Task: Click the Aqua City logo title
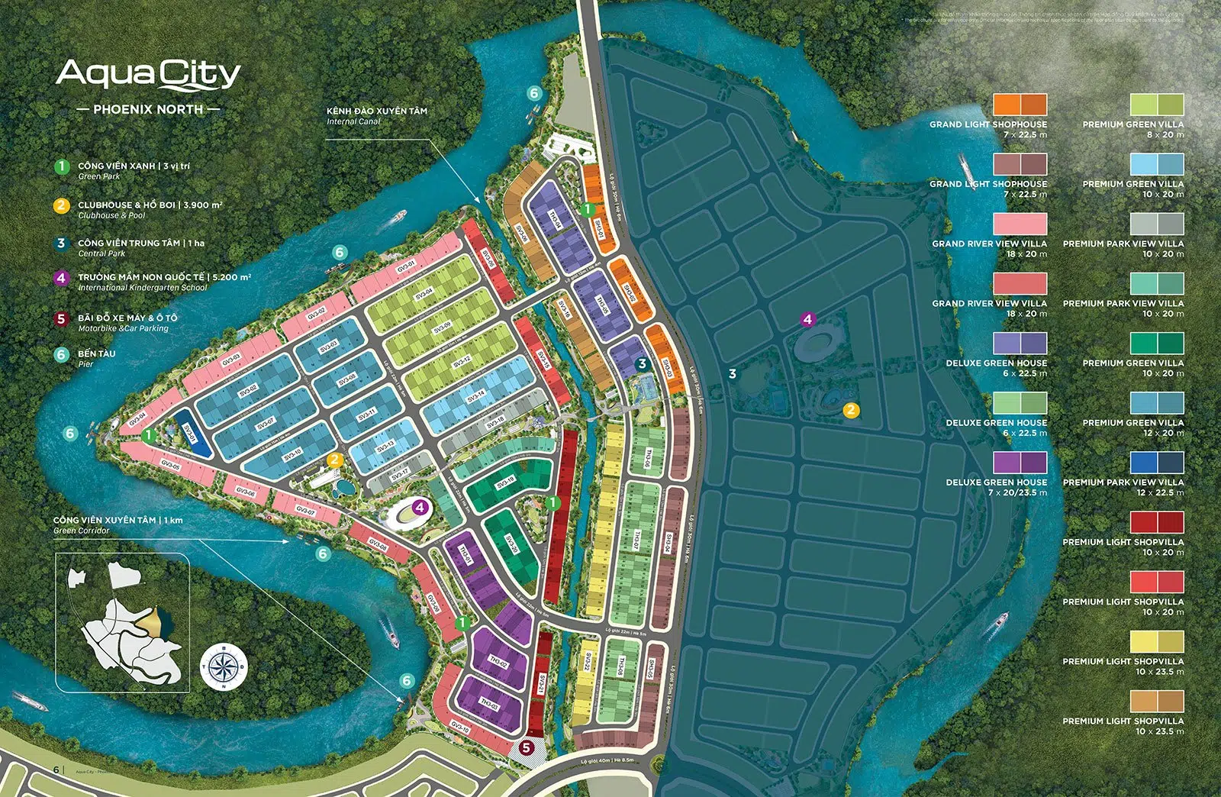tap(148, 75)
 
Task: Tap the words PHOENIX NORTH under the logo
tap(148, 109)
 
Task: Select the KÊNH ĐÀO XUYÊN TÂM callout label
tap(376, 111)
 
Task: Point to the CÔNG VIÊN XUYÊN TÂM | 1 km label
tap(118, 520)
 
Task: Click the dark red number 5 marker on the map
tap(526, 747)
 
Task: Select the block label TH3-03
tap(488, 702)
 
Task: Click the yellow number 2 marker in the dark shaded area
tap(850, 410)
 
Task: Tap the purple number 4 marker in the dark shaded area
tap(807, 319)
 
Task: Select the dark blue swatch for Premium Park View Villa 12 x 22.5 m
tap(1156, 462)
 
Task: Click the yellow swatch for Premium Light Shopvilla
tap(1156, 641)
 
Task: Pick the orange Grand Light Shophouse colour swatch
tap(1020, 104)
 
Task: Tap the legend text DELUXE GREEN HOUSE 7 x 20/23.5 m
tap(996, 487)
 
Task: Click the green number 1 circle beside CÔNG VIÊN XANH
tap(62, 166)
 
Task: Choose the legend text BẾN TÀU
tap(97, 353)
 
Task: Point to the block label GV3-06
tap(244, 491)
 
